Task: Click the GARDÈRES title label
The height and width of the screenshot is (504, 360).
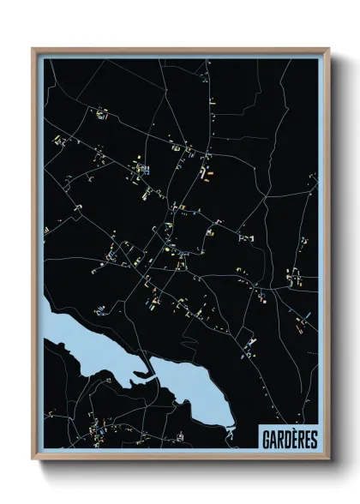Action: click(x=289, y=438)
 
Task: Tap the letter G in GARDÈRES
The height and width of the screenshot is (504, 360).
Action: click(x=267, y=438)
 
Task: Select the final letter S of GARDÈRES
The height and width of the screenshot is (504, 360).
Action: click(x=313, y=438)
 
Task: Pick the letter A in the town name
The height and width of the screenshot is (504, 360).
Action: click(x=273, y=438)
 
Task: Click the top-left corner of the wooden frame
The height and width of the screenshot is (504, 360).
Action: click(x=33, y=49)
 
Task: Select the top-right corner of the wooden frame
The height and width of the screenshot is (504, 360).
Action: click(x=327, y=49)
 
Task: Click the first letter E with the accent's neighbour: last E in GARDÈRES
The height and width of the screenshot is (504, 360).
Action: click(x=306, y=438)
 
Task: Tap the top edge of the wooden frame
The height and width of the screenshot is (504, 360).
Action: click(x=180, y=49)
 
